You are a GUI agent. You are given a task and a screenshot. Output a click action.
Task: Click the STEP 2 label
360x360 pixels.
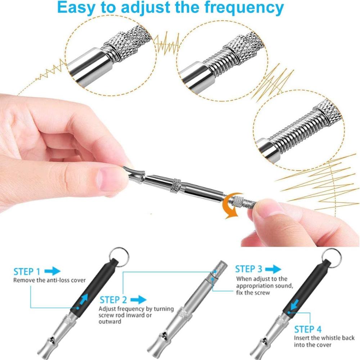pos(113,300)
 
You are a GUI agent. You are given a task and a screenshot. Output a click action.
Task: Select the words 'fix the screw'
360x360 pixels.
pos(253,293)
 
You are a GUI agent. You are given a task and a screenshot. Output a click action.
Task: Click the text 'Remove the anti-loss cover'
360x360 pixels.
pos(50,280)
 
